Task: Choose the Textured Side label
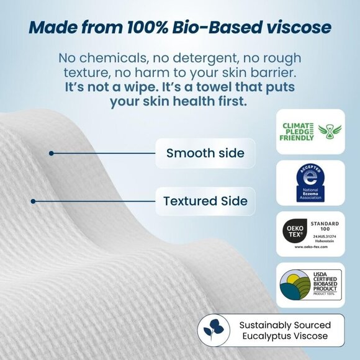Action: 196,201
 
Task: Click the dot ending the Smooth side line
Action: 51,153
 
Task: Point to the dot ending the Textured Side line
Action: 33,201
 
